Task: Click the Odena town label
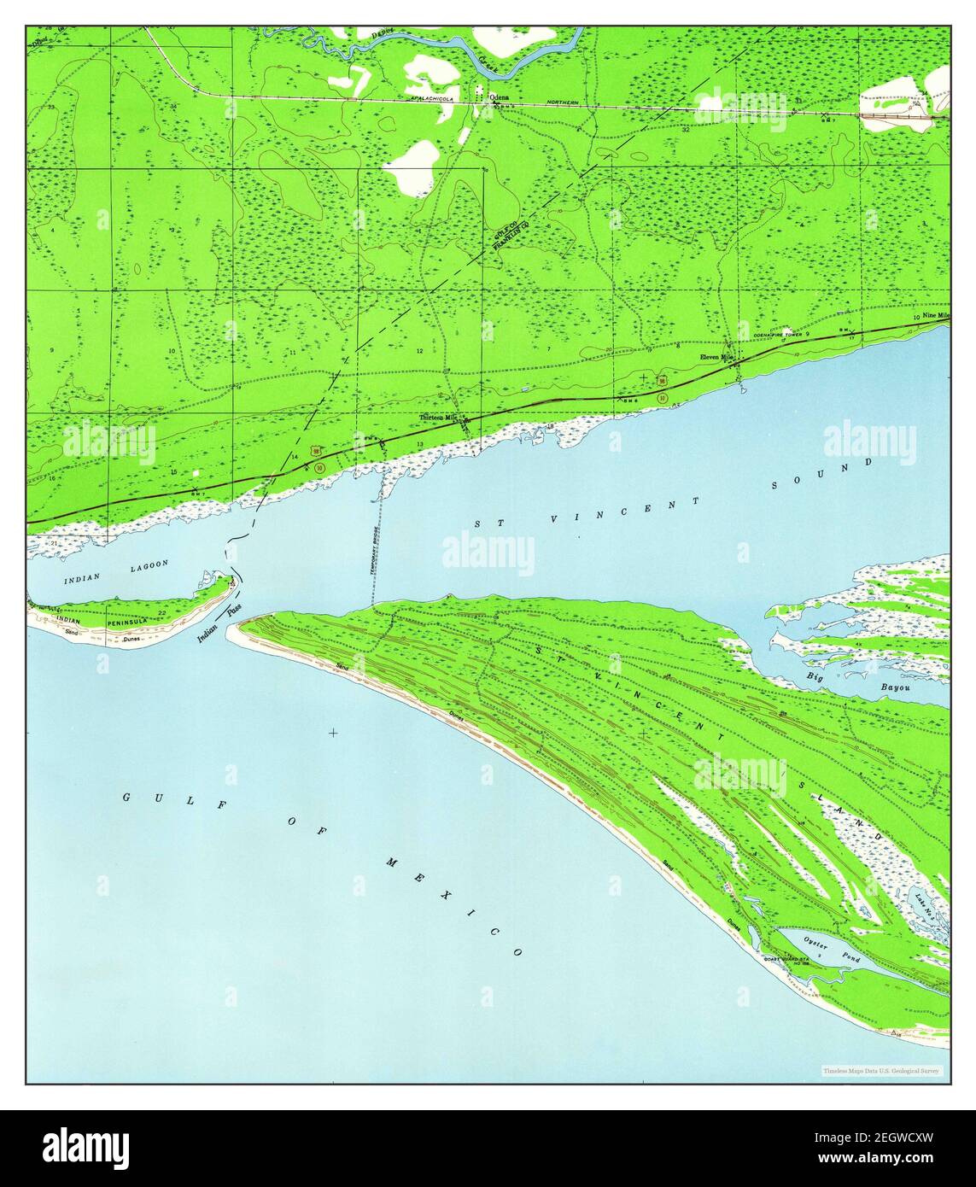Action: (x=500, y=97)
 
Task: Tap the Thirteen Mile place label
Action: (x=440, y=418)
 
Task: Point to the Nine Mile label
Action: (x=935, y=316)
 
